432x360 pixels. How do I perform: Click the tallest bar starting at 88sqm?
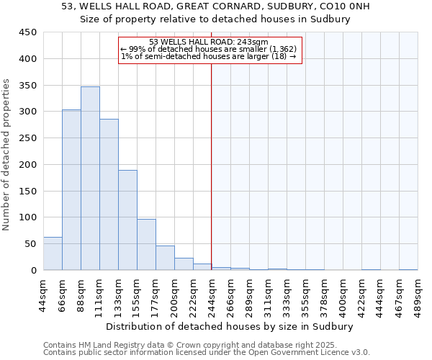pos(90,179)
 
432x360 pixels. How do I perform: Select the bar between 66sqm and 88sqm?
pos(71,190)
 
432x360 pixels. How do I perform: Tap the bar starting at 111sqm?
pos(109,194)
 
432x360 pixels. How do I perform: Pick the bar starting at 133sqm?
pos(127,220)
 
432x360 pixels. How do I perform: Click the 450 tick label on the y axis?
pos(28,32)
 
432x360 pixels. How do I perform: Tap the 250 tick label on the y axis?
pos(28,138)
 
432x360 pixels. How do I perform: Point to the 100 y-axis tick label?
pos(28,217)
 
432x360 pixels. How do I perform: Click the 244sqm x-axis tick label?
pos(212,294)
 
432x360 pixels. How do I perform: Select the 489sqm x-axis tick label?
pos(418,294)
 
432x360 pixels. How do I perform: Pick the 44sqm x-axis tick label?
pos(43,294)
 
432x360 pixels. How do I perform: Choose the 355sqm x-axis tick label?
pos(305,294)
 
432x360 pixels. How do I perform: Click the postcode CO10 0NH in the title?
pos(325,6)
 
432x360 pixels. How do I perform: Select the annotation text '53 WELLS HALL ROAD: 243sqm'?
pos(209,42)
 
